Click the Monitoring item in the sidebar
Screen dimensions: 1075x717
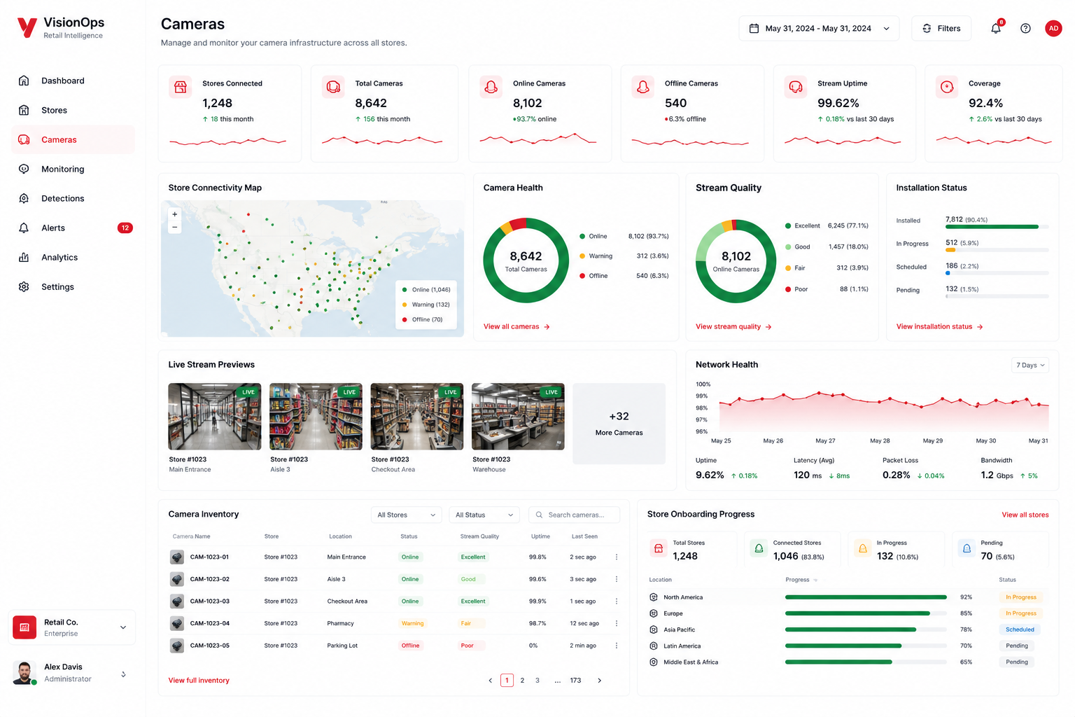pos(62,169)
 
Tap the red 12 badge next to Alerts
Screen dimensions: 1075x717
pos(125,228)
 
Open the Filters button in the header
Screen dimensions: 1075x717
pos(941,28)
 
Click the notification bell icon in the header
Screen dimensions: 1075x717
pos(996,28)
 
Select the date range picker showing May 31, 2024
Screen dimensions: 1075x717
pos(819,28)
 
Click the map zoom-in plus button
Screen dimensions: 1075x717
pos(175,214)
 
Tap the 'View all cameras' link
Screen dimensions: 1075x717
pos(517,326)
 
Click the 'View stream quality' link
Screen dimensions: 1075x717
pos(733,326)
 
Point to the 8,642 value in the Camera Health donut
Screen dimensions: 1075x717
pos(526,256)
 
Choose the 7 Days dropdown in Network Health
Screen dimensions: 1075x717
pos(1030,365)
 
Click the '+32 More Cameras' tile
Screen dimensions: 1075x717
pos(619,423)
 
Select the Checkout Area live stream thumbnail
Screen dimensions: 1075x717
pos(417,417)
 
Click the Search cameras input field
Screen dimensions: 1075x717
pos(574,515)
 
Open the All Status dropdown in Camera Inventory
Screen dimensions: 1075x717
pos(484,515)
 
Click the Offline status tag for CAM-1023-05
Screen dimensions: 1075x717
pos(410,646)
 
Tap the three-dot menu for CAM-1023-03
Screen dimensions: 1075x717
pos(617,601)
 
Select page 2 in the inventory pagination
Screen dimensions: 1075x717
pos(522,680)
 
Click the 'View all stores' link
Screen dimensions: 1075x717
pos(1025,515)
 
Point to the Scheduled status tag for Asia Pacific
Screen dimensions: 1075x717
pos(1020,629)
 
